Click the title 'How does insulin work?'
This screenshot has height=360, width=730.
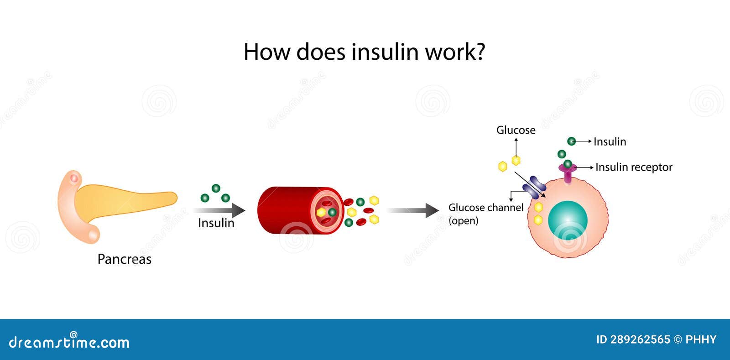pos(365,52)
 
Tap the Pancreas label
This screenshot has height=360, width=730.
pos(125,259)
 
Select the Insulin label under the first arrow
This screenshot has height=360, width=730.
pos(216,223)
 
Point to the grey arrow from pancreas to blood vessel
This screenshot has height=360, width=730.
pos(219,210)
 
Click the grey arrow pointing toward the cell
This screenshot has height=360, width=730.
pos(412,210)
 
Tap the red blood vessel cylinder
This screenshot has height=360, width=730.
pos(300,210)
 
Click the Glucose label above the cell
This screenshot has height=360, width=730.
pos(516,130)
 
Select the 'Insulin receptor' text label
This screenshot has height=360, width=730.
pos(634,167)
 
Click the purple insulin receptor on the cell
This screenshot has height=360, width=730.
pos(568,172)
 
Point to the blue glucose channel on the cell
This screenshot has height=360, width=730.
pos(534,188)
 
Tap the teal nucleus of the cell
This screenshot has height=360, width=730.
pos(568,220)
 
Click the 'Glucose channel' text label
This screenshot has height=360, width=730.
pos(486,208)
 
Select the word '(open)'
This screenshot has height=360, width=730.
pos(464,221)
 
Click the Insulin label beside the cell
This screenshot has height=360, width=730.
pos(610,142)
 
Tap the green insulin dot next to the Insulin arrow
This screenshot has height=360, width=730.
pos(571,141)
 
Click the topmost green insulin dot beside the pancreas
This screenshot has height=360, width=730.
pos(216,188)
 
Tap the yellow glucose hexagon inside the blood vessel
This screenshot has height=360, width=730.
pos(321,213)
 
